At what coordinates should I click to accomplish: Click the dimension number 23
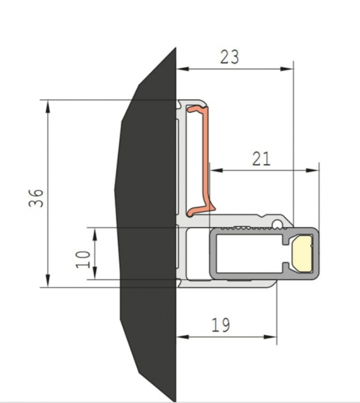[230, 57]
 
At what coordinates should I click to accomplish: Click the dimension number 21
[261, 159]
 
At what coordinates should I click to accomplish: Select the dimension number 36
[36, 198]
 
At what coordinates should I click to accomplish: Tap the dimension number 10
[83, 259]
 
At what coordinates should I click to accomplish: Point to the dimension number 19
[221, 325]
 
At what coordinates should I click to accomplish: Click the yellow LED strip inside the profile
[302, 253]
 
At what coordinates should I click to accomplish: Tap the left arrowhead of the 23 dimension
[183, 69]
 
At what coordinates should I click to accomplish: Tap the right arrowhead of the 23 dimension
[287, 69]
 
